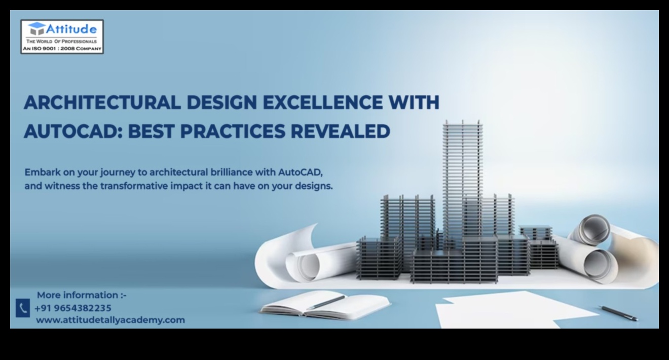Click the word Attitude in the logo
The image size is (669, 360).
71,29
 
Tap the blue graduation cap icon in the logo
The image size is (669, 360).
36,29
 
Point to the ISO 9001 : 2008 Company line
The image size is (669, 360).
62,48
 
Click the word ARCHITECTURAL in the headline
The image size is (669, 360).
102,102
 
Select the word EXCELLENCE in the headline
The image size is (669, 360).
322,102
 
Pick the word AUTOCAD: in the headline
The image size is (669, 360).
73,131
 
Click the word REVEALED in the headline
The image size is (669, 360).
341,131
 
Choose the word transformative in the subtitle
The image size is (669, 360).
134,186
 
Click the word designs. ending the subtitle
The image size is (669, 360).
314,187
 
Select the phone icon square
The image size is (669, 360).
23,308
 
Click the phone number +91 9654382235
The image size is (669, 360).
73,308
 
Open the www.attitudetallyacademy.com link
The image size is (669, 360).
110,320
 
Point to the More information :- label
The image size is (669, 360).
82,295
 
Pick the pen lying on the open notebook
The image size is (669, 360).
325,302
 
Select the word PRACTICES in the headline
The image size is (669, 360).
233,131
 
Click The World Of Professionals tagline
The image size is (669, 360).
61,41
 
